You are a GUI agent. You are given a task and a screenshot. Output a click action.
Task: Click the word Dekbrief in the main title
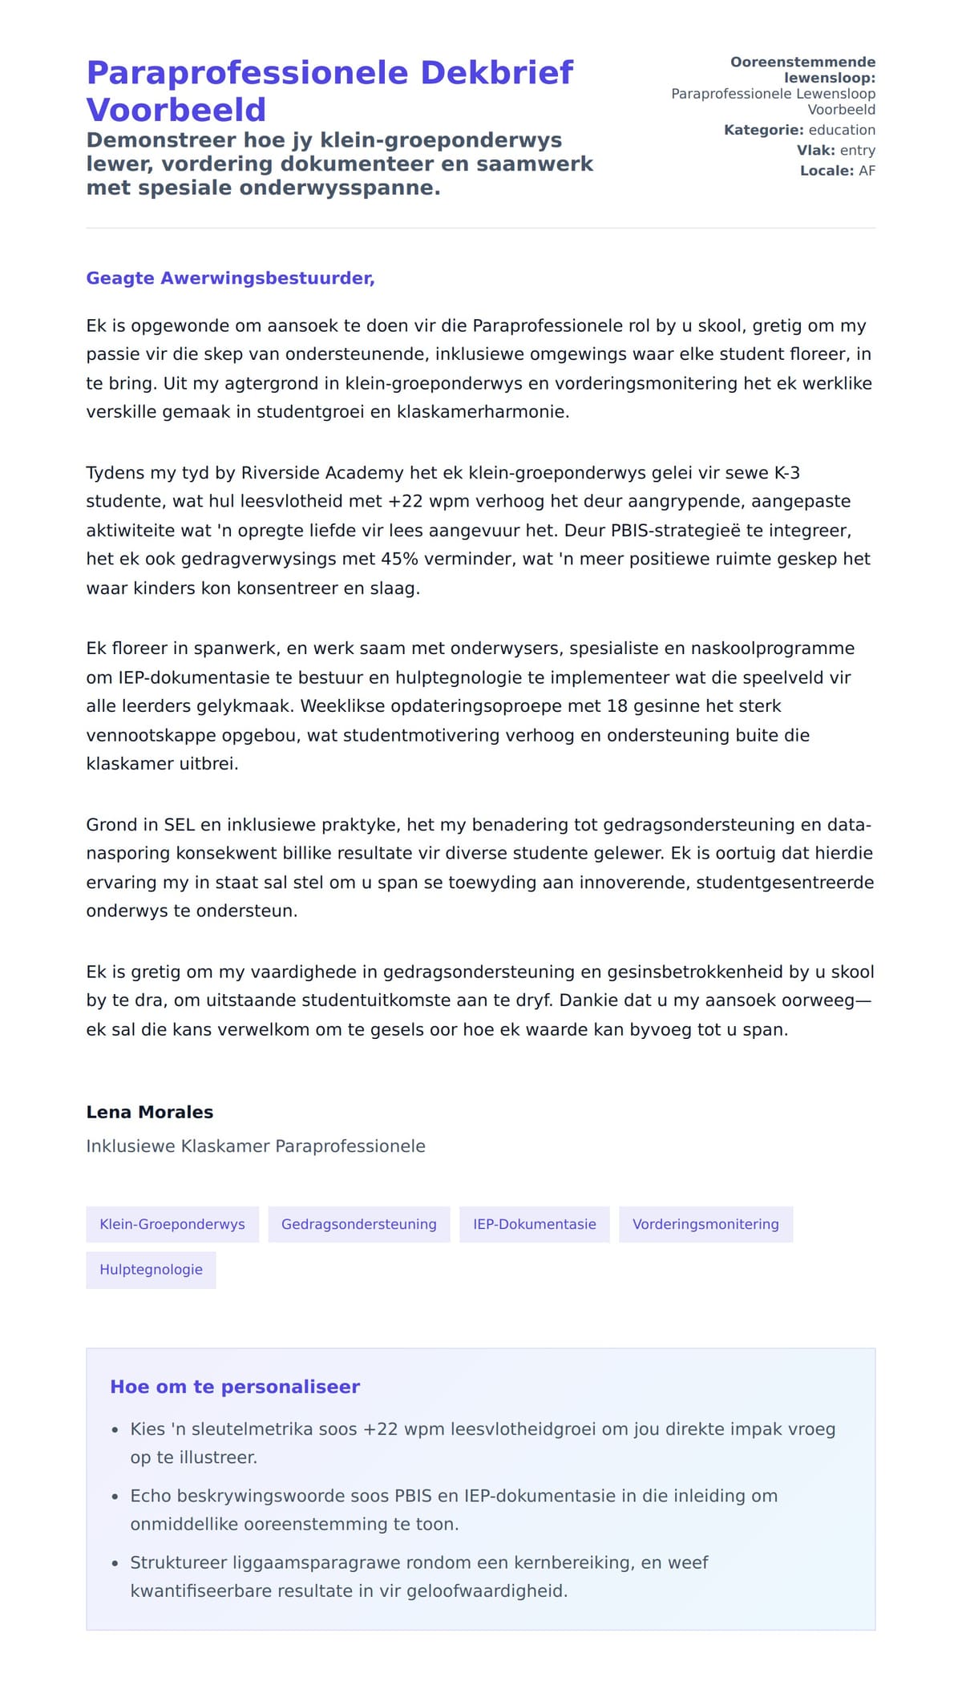[497, 73]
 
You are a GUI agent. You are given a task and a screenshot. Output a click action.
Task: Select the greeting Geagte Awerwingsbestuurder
[230, 278]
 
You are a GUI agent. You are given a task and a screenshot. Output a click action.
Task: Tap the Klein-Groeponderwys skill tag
[172, 1224]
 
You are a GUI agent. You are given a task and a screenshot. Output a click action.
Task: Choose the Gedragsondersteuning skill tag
[358, 1224]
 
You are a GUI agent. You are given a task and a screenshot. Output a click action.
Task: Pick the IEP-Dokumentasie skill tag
[534, 1224]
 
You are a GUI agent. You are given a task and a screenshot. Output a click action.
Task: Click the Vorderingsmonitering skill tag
[705, 1224]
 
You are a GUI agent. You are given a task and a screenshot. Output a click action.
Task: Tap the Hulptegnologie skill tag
[151, 1270]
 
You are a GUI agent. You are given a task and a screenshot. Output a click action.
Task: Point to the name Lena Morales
[150, 1112]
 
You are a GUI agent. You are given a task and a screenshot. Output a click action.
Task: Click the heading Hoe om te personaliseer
[235, 1387]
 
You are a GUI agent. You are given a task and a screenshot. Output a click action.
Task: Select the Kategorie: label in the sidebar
[763, 130]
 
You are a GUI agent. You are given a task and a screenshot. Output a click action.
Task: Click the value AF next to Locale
[867, 171]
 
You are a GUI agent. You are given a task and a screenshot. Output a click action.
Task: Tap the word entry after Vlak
[857, 150]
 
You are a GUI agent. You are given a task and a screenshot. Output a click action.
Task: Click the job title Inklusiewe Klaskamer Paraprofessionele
[256, 1146]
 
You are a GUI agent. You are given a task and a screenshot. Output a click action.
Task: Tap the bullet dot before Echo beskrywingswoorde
[115, 1497]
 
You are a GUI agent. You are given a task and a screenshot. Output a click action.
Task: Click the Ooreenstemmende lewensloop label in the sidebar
[802, 70]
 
